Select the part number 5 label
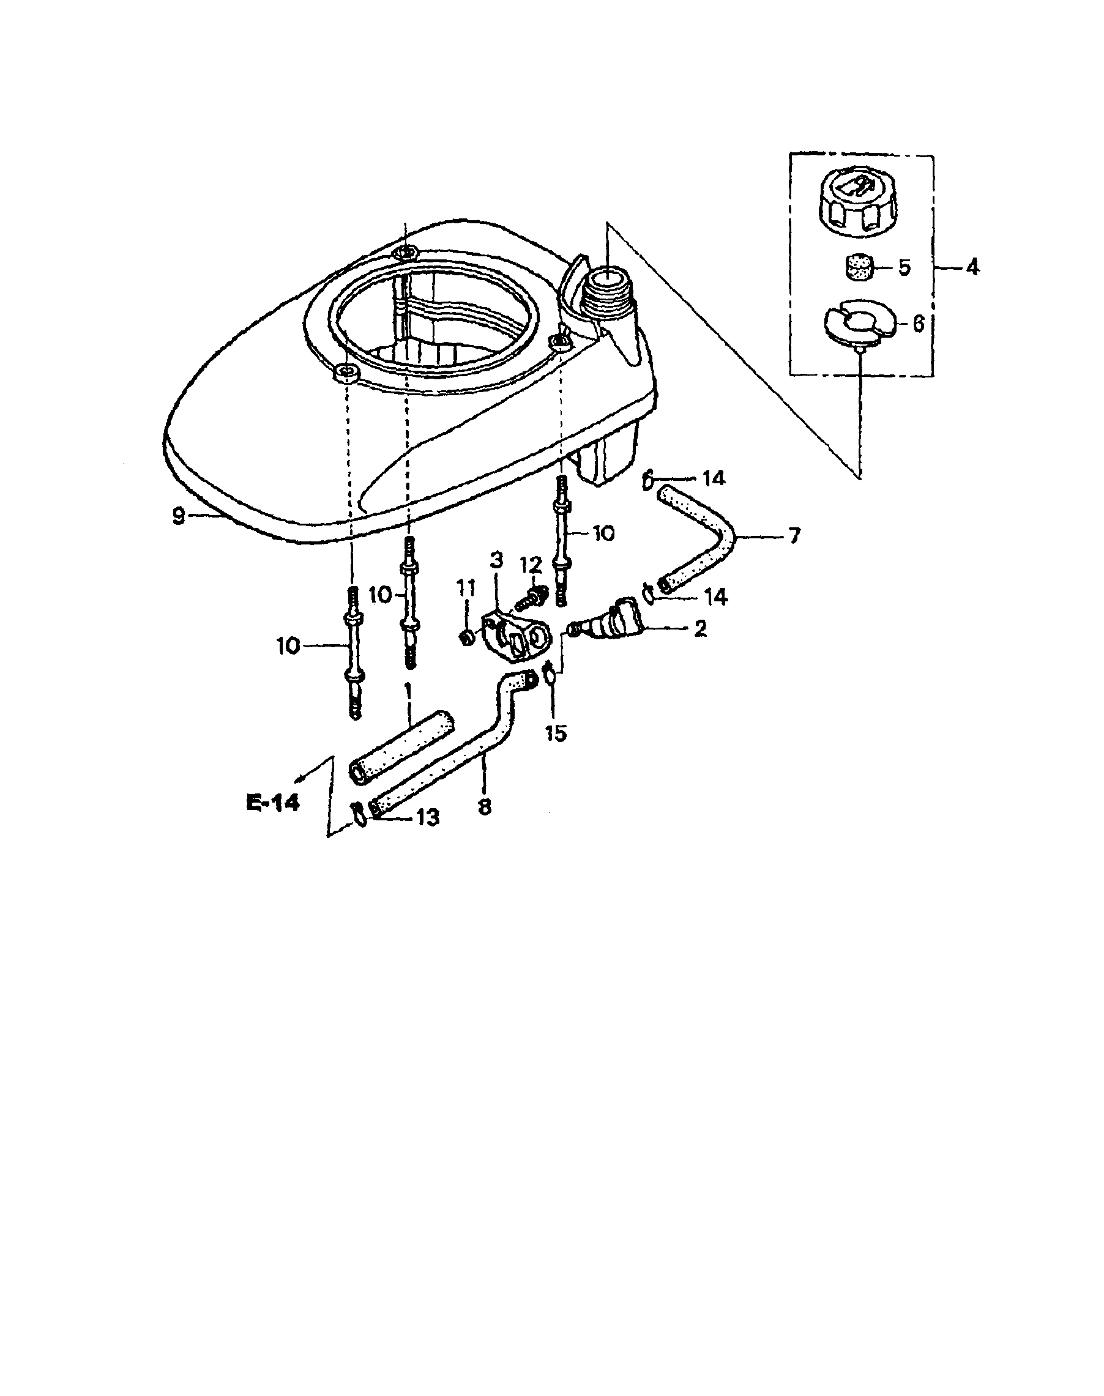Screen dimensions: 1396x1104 (x=903, y=268)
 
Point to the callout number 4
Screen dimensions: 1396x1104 (x=972, y=267)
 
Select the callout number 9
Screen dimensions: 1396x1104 (x=179, y=516)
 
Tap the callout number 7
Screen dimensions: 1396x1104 (x=794, y=535)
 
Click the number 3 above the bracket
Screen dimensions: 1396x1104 (x=496, y=561)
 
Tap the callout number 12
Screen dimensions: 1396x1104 (x=532, y=566)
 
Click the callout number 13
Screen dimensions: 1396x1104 (x=428, y=817)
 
